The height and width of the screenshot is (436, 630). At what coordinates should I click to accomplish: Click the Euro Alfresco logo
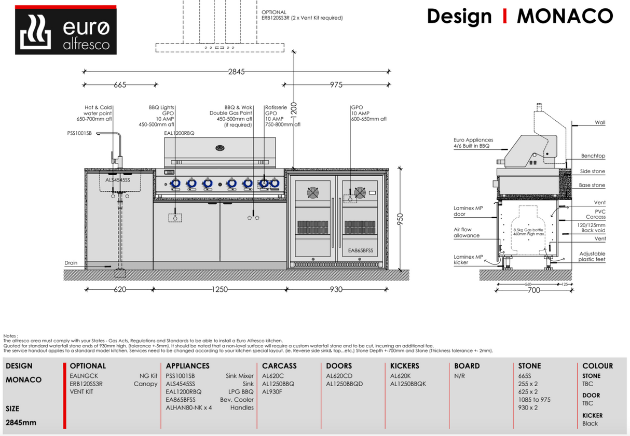click(x=65, y=30)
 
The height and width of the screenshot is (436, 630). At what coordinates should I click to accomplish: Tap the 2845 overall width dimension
click(x=236, y=72)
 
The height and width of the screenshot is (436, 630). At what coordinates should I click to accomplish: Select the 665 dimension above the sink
click(x=120, y=85)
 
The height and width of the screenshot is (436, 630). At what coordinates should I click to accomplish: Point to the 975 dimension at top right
click(x=336, y=85)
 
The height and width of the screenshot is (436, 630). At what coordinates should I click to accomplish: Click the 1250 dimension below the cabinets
click(x=220, y=289)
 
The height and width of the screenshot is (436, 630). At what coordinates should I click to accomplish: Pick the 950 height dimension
click(x=400, y=218)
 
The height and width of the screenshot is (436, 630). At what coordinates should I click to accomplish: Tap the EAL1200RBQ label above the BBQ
click(x=179, y=133)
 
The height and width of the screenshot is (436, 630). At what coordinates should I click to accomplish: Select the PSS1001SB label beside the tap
click(x=79, y=133)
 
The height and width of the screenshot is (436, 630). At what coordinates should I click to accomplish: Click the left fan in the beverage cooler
click(x=312, y=193)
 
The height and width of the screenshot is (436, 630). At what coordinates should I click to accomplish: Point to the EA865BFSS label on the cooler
click(x=361, y=251)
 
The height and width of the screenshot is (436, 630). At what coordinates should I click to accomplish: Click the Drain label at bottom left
click(x=71, y=263)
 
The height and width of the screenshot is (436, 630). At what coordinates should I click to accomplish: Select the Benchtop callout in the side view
click(x=593, y=156)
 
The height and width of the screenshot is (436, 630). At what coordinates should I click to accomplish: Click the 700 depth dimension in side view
click(x=534, y=290)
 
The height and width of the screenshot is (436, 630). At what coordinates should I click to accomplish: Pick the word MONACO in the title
click(x=565, y=17)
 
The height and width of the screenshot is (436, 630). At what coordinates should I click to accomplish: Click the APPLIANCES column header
click(x=188, y=366)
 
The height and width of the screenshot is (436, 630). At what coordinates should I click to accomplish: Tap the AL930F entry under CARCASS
click(x=272, y=392)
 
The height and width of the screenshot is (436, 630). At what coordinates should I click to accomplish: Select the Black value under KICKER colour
click(x=590, y=424)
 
